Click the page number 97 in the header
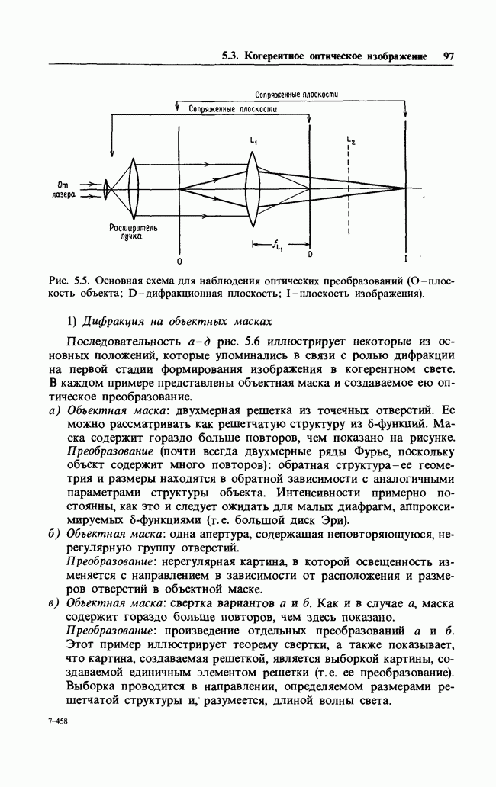[448, 56]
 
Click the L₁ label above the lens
[253, 141]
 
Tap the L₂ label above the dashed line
[350, 141]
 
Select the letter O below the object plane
[178, 262]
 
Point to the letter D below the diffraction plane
[310, 252]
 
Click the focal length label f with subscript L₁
[277, 245]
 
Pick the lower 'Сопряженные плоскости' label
[232, 109]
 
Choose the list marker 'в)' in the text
[55, 602]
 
